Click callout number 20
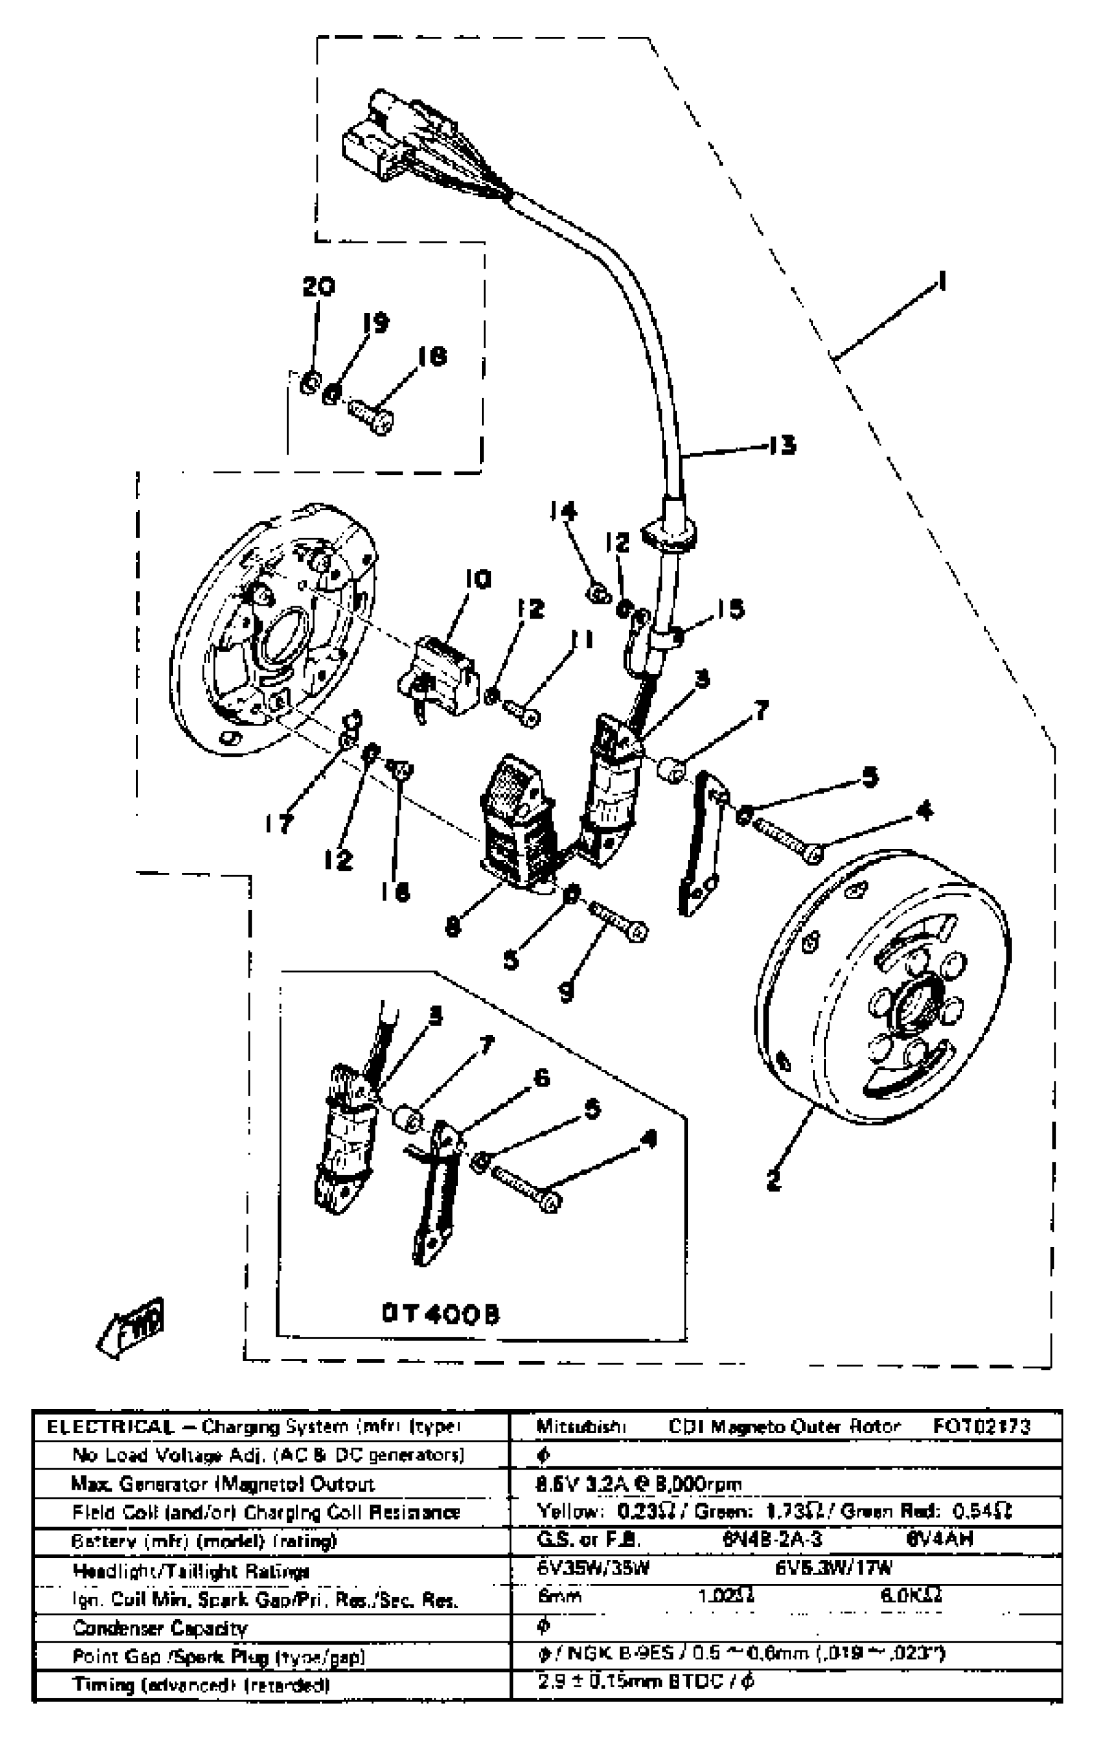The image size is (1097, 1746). [319, 288]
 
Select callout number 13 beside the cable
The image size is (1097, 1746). [783, 444]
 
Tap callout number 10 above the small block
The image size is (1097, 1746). [478, 579]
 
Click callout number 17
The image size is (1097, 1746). [279, 823]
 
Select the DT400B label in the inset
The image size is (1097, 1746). [441, 1314]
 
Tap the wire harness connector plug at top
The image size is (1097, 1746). [377, 138]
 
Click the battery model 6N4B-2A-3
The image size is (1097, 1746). [772, 1539]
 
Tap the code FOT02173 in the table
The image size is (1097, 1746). [981, 1426]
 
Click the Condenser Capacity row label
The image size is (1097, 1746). [160, 1628]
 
